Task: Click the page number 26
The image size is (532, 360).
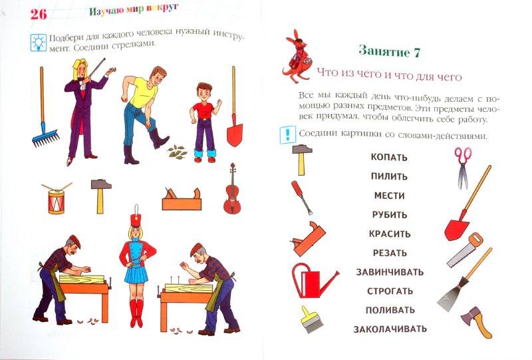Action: click(39, 14)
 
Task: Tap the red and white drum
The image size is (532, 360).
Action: click(57, 200)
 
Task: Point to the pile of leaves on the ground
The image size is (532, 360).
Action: click(178, 152)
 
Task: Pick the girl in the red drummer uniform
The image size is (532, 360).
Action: click(138, 266)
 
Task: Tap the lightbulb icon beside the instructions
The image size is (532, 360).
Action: click(39, 43)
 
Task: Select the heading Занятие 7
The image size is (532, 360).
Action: click(390, 51)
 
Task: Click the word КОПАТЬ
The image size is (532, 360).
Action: click(389, 157)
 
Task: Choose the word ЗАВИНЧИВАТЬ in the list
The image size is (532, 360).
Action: click(390, 272)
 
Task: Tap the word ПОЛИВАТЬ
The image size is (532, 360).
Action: click(390, 310)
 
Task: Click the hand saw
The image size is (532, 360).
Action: click(465, 250)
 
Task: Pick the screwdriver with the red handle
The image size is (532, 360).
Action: click(302, 198)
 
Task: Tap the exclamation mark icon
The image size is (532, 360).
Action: click(288, 135)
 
